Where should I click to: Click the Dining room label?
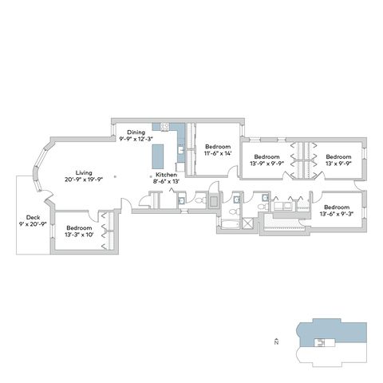136,132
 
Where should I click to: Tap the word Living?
84,172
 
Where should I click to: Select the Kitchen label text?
166,175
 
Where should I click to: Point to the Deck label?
33,217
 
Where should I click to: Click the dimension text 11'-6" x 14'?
218,153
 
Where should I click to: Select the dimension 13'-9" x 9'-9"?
267,164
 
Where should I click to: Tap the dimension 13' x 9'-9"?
338,164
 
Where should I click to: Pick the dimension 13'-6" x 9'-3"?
337,214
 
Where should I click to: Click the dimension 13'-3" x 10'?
79,235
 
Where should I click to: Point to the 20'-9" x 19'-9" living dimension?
84,180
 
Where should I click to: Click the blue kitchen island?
158,156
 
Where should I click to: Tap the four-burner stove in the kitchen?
165,126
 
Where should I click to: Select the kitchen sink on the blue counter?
181,150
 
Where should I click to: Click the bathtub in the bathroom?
231,224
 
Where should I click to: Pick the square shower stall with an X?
247,223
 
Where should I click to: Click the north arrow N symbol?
276,342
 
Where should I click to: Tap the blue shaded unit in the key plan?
333,331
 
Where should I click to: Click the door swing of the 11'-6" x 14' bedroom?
233,171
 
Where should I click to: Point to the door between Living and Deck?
47,196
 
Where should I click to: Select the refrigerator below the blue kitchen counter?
180,167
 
